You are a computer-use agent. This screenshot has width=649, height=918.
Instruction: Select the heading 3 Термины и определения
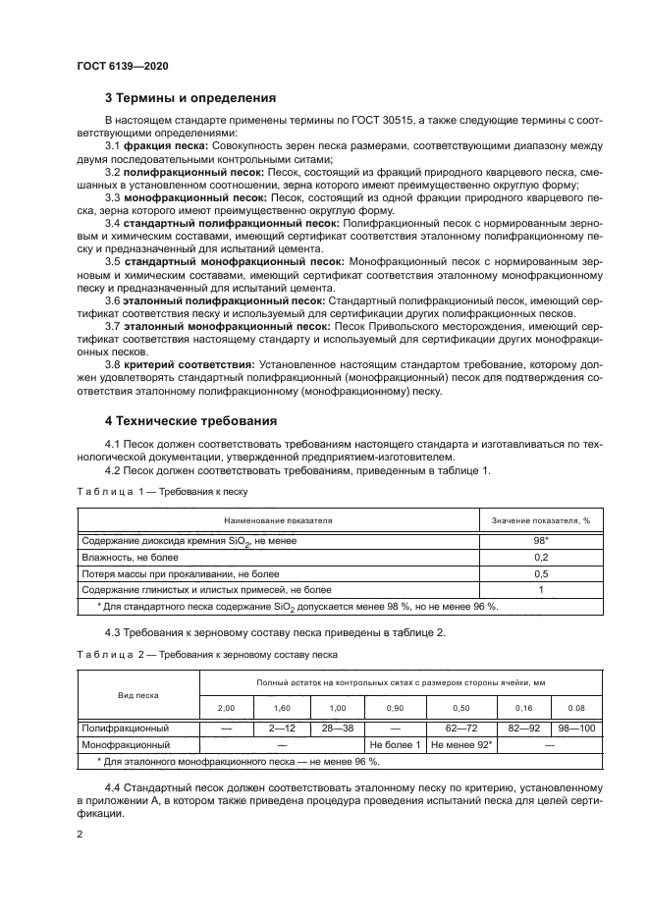coord(190,98)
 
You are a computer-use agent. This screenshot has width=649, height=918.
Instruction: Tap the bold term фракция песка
coord(159,146)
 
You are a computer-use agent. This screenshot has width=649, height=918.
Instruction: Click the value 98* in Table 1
coord(539,541)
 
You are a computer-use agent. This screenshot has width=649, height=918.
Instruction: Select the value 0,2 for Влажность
coord(539,557)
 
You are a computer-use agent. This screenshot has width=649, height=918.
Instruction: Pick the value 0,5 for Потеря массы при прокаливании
coord(539,573)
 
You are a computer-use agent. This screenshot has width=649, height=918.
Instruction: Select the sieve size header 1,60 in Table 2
coord(281,708)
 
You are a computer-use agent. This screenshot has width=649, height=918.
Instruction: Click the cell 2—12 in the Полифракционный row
coord(281,729)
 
